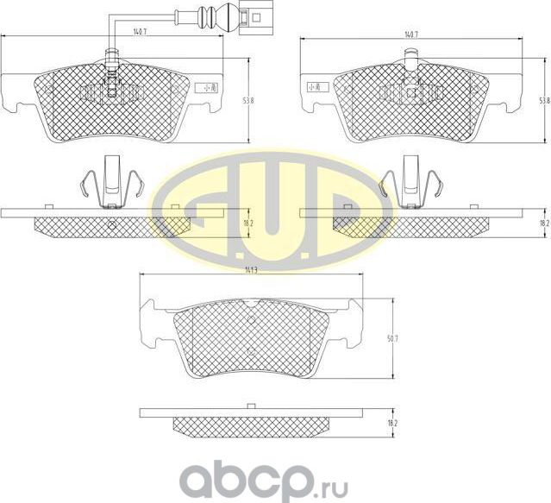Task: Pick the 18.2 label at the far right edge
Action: tap(544, 223)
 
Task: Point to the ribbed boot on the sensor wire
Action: tap(209, 16)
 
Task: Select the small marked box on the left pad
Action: tap(205, 87)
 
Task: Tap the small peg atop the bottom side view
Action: tap(250, 406)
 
